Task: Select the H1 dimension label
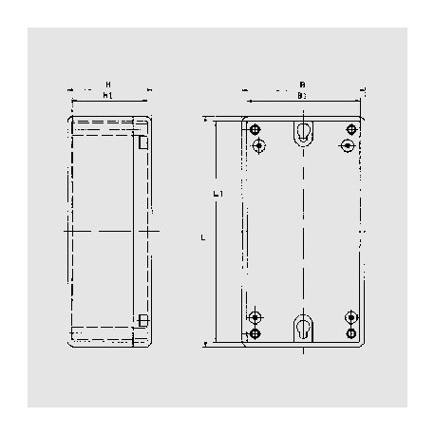(x=107, y=96)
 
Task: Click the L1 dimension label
(x=218, y=194)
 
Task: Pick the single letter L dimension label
(x=204, y=237)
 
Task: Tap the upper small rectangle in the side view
(x=142, y=143)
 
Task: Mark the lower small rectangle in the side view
(x=142, y=319)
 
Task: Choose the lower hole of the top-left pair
(x=256, y=145)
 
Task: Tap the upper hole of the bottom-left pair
(x=255, y=316)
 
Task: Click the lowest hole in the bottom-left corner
(x=255, y=334)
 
